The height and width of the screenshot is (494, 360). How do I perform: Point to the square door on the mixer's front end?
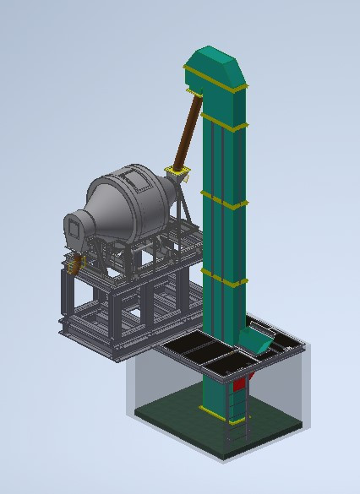click(x=74, y=226)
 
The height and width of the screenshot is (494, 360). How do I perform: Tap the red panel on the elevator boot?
click(x=240, y=384)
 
